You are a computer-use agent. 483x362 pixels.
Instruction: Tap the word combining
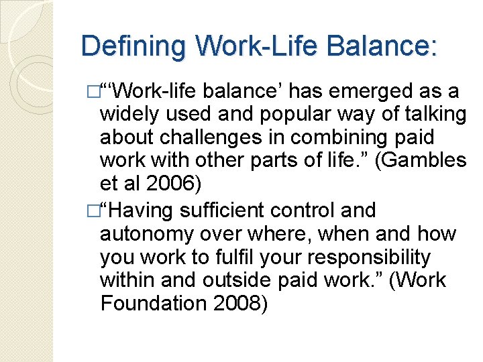[350, 137]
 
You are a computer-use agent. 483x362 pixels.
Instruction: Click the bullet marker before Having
[93, 210]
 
